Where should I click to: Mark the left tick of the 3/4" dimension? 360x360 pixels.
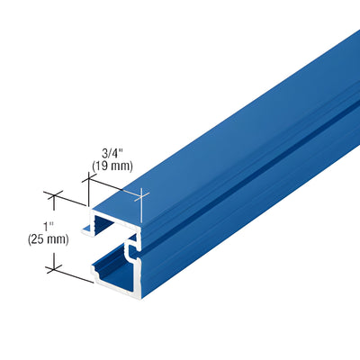point(89,179)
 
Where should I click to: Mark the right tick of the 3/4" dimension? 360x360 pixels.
point(143,194)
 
